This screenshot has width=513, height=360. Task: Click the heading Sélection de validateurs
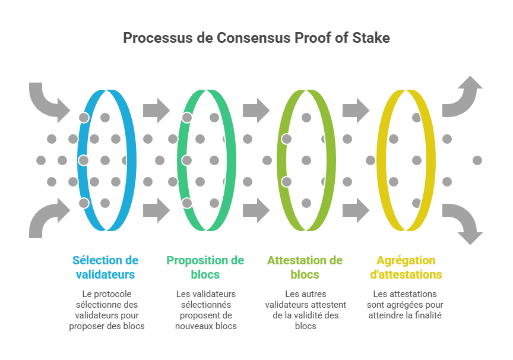pos(105,267)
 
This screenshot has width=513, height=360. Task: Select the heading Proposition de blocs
pos(205,267)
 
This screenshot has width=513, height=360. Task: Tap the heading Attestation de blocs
pos(305,267)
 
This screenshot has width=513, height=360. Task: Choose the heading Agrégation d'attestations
pos(406,267)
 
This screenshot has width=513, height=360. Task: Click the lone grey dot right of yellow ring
pos(477,160)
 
